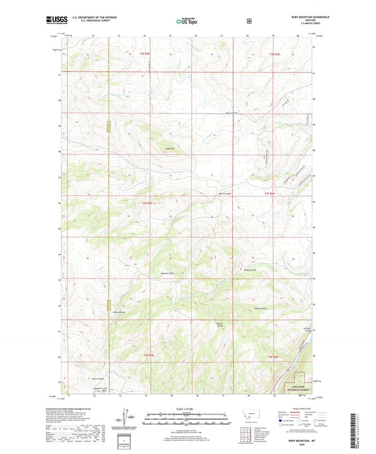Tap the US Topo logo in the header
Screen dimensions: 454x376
187,22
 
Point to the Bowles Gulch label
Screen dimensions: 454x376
248,269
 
